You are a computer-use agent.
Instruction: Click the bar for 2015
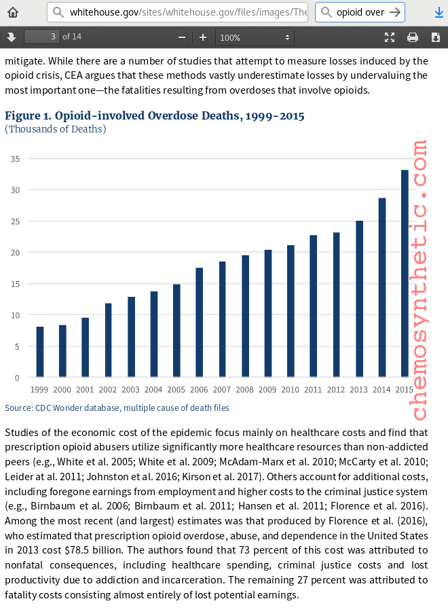coord(405,273)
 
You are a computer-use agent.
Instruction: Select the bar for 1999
coord(40,352)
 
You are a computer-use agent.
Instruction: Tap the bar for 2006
coord(200,323)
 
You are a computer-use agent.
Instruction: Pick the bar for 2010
coord(291,311)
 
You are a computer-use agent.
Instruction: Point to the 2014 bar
coord(382,287)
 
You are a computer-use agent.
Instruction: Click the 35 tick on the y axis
coord(15,159)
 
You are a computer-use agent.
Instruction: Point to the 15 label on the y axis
coord(15,284)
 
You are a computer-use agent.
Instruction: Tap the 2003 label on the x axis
coord(131,390)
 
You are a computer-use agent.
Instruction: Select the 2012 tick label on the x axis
coord(336,390)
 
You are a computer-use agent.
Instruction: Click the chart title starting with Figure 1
coord(155,116)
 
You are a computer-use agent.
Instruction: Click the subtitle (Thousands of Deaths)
coord(56,129)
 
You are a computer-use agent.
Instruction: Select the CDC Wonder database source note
coord(117,408)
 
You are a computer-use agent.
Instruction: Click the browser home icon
coord(13,12)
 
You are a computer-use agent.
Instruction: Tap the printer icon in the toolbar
coord(412,37)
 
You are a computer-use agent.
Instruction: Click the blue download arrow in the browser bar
coord(438,12)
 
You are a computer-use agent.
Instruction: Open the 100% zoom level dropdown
coord(255,37)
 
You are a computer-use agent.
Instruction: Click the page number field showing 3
coord(42,37)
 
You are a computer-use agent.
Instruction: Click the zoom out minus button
coord(181,37)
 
